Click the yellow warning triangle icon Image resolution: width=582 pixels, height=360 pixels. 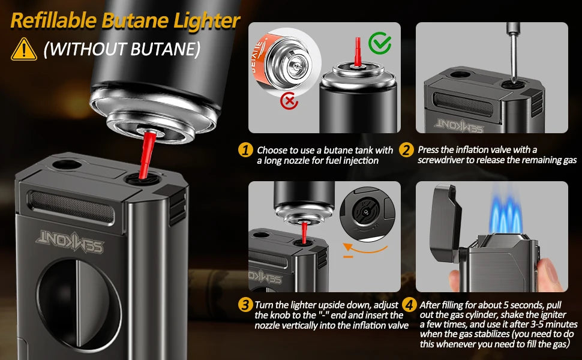(23, 49)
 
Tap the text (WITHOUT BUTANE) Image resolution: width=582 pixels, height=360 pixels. (122, 49)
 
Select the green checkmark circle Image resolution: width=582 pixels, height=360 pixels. (379, 44)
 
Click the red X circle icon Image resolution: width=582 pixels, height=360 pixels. (290, 101)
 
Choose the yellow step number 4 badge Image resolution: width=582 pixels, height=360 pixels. (409, 305)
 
